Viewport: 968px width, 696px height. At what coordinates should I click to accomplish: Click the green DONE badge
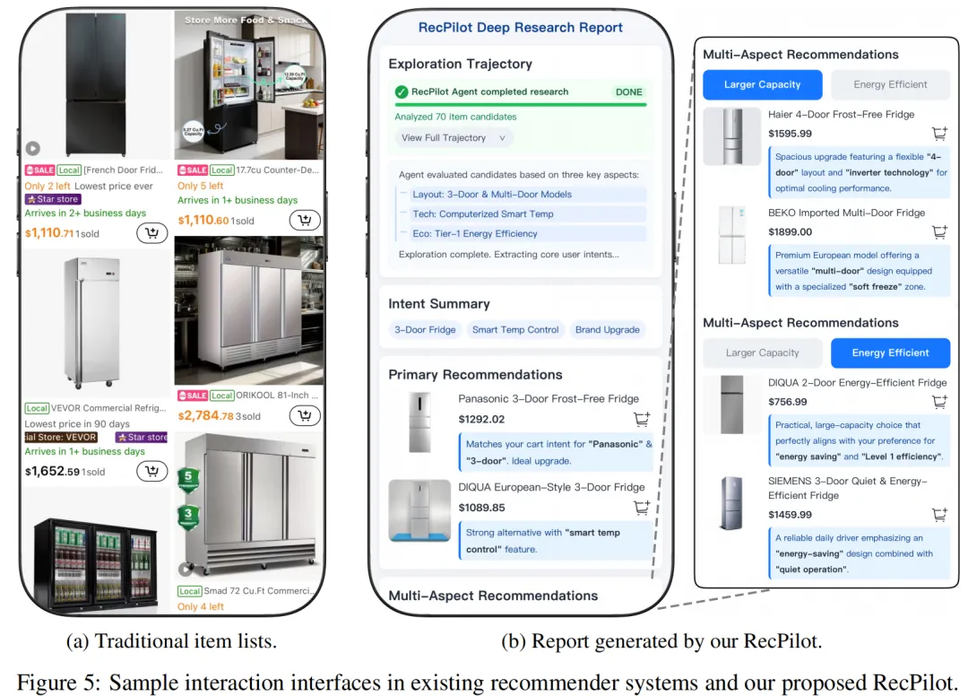[628, 91]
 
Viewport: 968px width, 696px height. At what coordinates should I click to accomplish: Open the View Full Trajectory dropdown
[454, 138]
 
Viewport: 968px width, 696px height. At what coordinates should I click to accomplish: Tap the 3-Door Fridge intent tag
[425, 330]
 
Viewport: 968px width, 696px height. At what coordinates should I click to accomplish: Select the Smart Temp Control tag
[515, 330]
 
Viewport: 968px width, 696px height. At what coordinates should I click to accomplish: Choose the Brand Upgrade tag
[607, 330]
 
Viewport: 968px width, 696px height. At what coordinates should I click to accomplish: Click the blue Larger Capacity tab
[762, 84]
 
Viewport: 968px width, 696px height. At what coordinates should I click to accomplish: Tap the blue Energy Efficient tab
[890, 352]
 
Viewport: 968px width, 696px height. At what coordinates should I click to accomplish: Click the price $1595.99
[790, 134]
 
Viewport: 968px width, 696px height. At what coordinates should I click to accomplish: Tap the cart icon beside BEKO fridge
[938, 231]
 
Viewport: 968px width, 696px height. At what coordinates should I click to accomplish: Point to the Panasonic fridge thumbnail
[419, 422]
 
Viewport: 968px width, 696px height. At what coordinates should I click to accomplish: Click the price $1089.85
[481, 507]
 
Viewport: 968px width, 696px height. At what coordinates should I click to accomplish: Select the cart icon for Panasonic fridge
[641, 419]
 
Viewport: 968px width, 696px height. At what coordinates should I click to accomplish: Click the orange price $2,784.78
[206, 416]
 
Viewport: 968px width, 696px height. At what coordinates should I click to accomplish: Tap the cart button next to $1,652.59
[152, 471]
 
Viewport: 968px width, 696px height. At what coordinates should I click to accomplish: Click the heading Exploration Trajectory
[460, 64]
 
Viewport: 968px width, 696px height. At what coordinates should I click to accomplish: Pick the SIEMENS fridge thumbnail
[730, 503]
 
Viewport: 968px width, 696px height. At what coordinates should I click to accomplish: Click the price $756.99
[787, 402]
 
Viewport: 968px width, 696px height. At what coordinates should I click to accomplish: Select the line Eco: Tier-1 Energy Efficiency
[474, 233]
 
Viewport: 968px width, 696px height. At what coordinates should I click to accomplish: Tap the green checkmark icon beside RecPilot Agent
[402, 91]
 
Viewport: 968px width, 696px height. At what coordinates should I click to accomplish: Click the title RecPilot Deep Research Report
[520, 27]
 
